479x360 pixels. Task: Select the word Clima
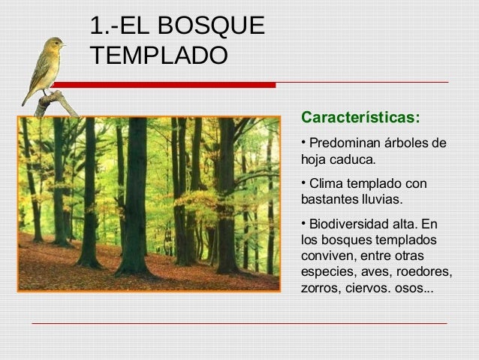pos(326,184)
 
